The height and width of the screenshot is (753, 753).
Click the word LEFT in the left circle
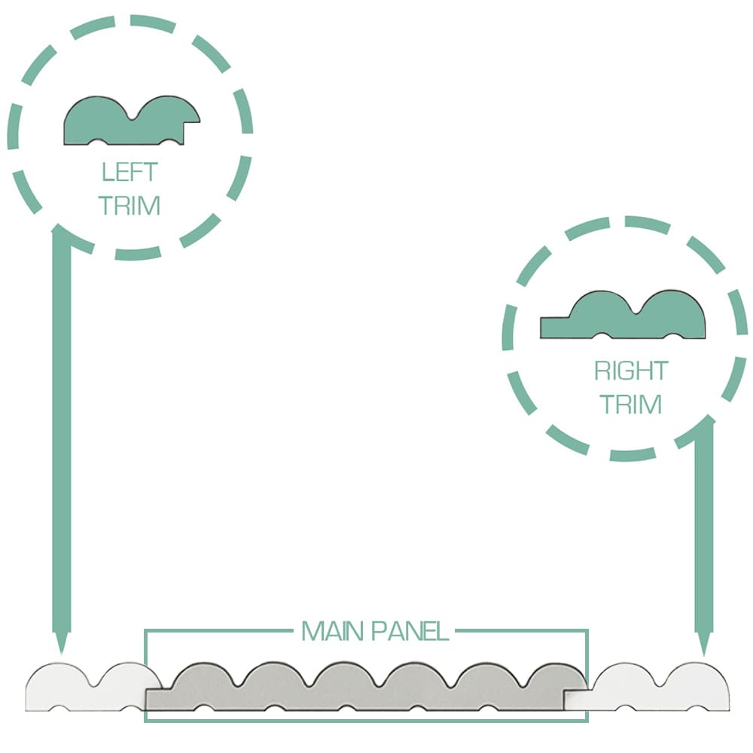pyautogui.click(x=130, y=172)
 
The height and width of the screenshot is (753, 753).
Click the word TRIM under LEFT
pyautogui.click(x=130, y=206)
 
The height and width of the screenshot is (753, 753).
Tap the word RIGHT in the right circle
pyautogui.click(x=631, y=370)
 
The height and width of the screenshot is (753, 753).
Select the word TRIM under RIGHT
pyautogui.click(x=631, y=404)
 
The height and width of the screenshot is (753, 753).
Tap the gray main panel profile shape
pyautogui.click(x=365, y=687)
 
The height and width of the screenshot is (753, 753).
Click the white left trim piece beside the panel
pyautogui.click(x=87, y=687)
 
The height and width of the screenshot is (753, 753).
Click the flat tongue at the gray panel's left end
pyautogui.click(x=158, y=700)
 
